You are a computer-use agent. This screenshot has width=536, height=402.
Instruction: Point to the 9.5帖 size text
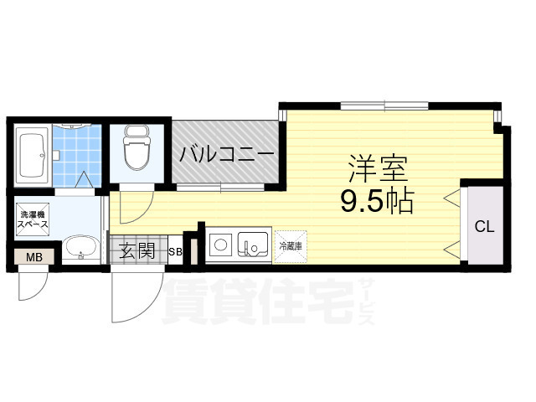[378, 201]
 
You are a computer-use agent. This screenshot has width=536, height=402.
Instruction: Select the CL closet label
[485, 226]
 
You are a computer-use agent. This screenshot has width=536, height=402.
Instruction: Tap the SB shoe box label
[176, 251]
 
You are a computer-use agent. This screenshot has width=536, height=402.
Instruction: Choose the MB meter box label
[34, 257]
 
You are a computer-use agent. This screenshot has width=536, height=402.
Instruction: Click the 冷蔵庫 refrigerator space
[291, 246]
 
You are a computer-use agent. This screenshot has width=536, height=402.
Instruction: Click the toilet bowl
[135, 152]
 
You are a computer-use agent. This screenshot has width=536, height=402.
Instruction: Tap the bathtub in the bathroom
[32, 156]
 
